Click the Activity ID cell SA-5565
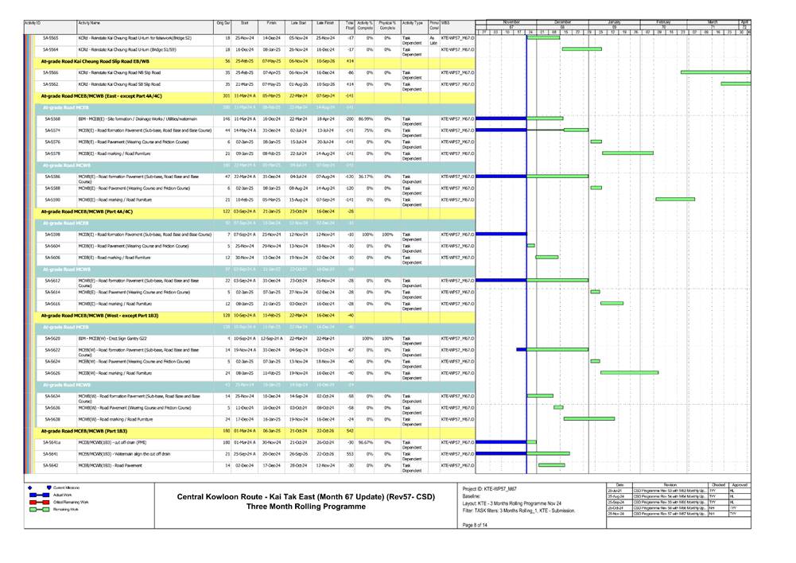[50, 38]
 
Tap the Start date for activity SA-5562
[244, 83]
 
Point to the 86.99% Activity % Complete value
[366, 118]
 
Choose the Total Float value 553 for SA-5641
[350, 453]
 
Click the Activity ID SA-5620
[52, 338]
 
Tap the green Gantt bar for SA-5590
[675, 200]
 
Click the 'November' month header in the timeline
[511, 22]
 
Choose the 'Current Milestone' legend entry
[68, 487]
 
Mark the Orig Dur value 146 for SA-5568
[226, 118]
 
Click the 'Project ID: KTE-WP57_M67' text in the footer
[494, 487]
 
